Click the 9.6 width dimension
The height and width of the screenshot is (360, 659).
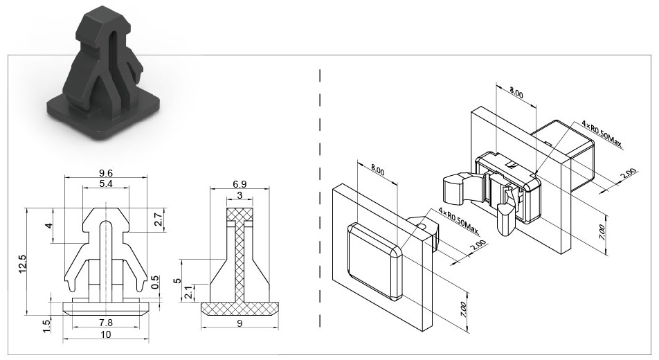(x=105, y=173)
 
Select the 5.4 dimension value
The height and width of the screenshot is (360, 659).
(x=105, y=183)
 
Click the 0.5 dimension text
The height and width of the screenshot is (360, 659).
(x=154, y=282)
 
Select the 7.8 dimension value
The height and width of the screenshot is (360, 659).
(x=105, y=323)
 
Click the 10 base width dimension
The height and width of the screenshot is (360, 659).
(x=106, y=334)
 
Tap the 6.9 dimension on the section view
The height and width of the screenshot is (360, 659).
(x=240, y=183)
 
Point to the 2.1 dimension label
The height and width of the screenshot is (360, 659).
(x=189, y=292)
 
